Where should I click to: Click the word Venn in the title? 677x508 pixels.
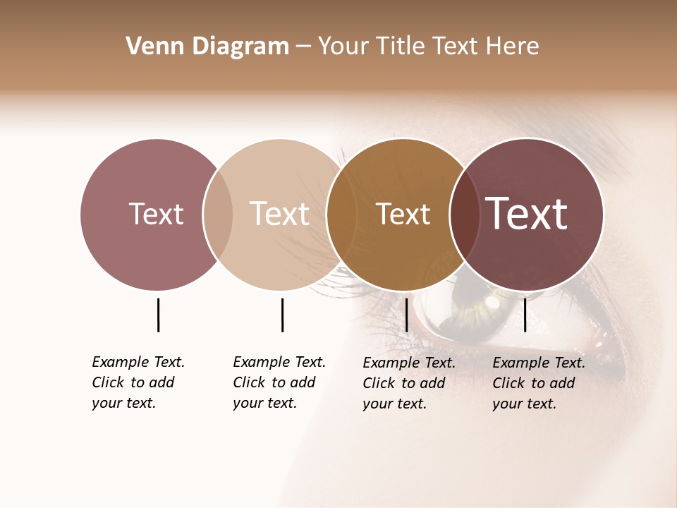[x=149, y=47]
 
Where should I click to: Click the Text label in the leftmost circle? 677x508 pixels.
[x=156, y=214]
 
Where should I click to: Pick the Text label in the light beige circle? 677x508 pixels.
[x=280, y=214]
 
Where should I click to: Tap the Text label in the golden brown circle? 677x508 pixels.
[x=403, y=214]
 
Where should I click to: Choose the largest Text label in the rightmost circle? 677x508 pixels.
[x=527, y=213]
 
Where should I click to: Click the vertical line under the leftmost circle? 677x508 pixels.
[x=158, y=315]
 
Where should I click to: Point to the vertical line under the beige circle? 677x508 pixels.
[x=282, y=315]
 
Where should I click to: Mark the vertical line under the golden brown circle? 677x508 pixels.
[x=406, y=315]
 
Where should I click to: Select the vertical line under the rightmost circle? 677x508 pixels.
[x=525, y=315]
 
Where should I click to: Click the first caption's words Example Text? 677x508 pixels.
[x=138, y=362]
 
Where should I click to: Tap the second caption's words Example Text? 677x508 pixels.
[x=279, y=362]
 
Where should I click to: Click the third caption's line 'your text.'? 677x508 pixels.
[x=395, y=404]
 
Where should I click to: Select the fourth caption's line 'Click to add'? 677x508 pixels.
[x=534, y=383]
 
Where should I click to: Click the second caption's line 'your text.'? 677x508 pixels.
[x=265, y=403]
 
